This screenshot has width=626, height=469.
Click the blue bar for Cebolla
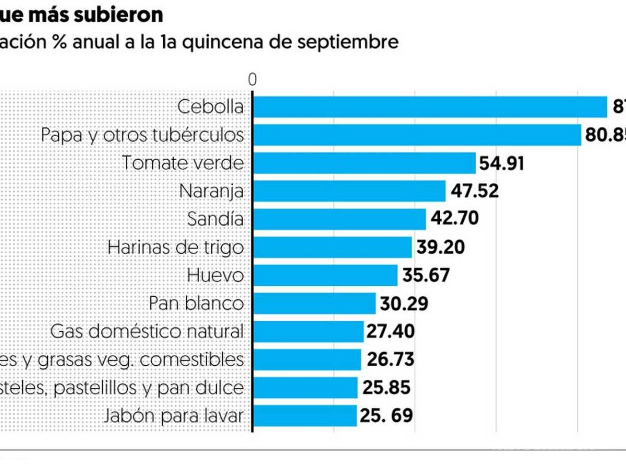coord(430,107)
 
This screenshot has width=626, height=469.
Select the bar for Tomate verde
coord(364,163)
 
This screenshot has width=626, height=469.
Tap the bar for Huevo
coord(325,275)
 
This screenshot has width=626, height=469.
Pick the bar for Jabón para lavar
coord(305,416)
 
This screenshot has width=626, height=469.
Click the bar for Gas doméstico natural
coord(308,331)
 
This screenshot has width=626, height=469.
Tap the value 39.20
coord(440,247)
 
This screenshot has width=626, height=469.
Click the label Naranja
coord(211,191)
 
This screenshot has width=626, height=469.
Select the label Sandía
coord(215,219)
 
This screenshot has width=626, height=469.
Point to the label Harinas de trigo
coord(176,247)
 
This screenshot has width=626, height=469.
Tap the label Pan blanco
coord(196,303)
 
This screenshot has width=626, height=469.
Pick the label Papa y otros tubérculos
coord(142,135)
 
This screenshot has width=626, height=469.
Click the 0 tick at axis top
coord(253,80)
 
